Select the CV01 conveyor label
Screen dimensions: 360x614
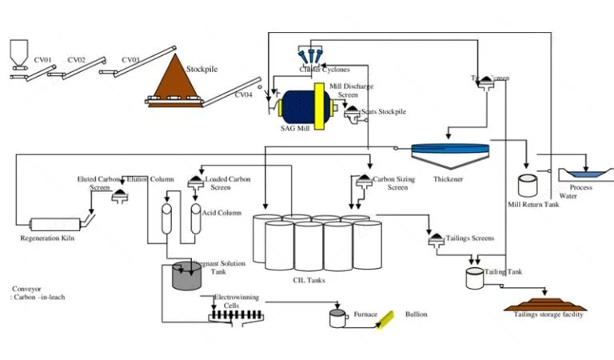point(42,59)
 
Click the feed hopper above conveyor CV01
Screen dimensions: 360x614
point(15,53)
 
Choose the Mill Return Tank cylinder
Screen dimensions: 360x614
point(528,186)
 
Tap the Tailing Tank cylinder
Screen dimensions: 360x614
point(475,278)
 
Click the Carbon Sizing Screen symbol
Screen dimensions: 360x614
point(362,181)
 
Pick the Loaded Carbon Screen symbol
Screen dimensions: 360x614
point(196,182)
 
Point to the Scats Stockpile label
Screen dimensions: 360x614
point(383,111)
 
